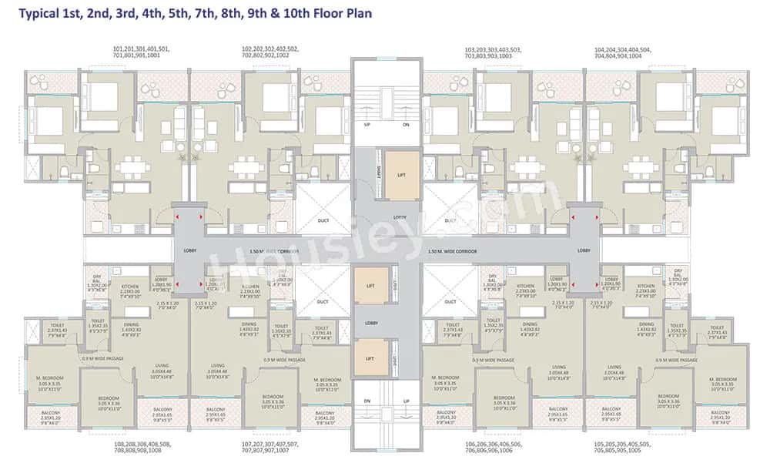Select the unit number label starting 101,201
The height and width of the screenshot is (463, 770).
pos(141,52)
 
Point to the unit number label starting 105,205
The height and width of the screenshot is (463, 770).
pos(623,448)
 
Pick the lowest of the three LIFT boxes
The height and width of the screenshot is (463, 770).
pos(370,358)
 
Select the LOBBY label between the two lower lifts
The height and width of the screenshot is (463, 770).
pos(370,324)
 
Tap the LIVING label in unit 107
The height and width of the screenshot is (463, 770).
pos(218,366)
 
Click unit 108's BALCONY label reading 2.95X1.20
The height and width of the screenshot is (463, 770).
pos(52,416)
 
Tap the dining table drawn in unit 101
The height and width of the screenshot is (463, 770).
pos(133,167)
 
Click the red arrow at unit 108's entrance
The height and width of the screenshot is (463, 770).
pos(178,284)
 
